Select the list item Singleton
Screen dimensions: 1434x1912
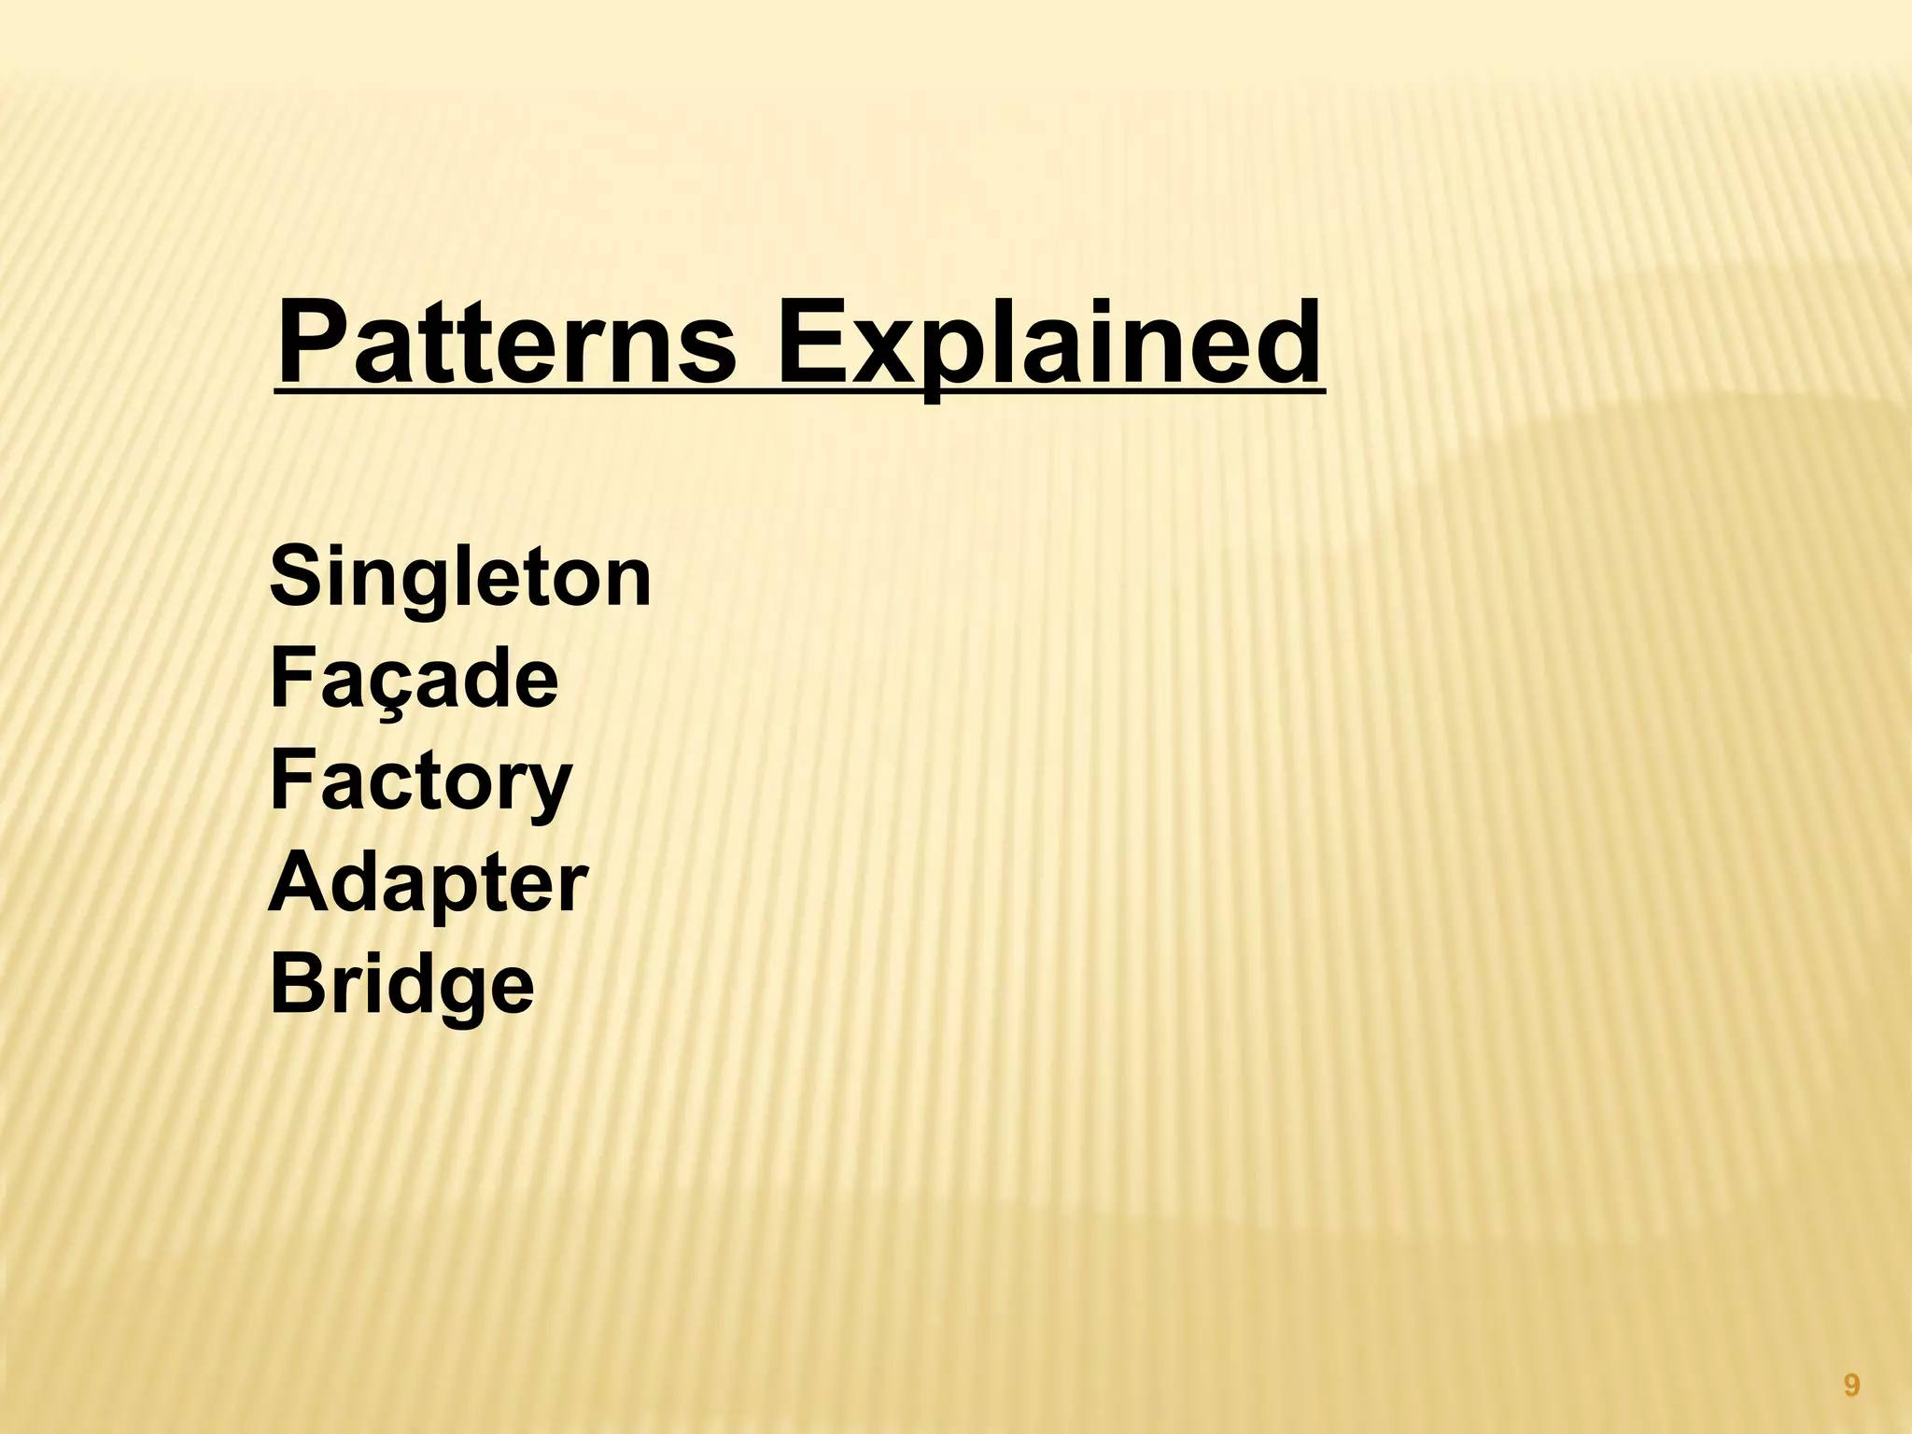coord(459,579)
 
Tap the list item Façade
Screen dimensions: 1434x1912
coord(414,681)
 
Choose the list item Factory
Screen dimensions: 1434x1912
coord(420,782)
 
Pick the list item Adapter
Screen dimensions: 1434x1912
coord(428,884)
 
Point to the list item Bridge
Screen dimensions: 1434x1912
coord(401,986)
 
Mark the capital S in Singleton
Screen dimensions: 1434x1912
coord(291,579)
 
